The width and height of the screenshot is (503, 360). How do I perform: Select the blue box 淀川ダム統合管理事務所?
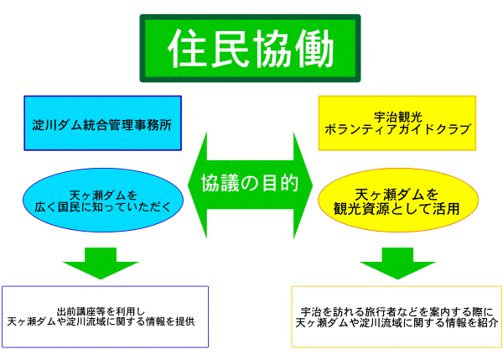pos(102,123)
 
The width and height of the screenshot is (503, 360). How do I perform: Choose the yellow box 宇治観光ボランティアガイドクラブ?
pos(397,123)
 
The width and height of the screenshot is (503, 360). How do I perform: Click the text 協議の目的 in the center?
pos(250,182)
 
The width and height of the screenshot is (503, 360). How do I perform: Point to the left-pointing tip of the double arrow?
pos(188,182)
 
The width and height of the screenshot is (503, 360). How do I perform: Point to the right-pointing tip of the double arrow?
pos(312,182)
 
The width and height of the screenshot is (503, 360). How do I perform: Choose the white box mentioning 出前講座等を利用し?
pos(105,316)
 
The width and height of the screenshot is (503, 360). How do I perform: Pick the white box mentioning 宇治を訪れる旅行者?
pos(397,316)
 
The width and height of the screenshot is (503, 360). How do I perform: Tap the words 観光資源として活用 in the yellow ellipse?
pos(397,209)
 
